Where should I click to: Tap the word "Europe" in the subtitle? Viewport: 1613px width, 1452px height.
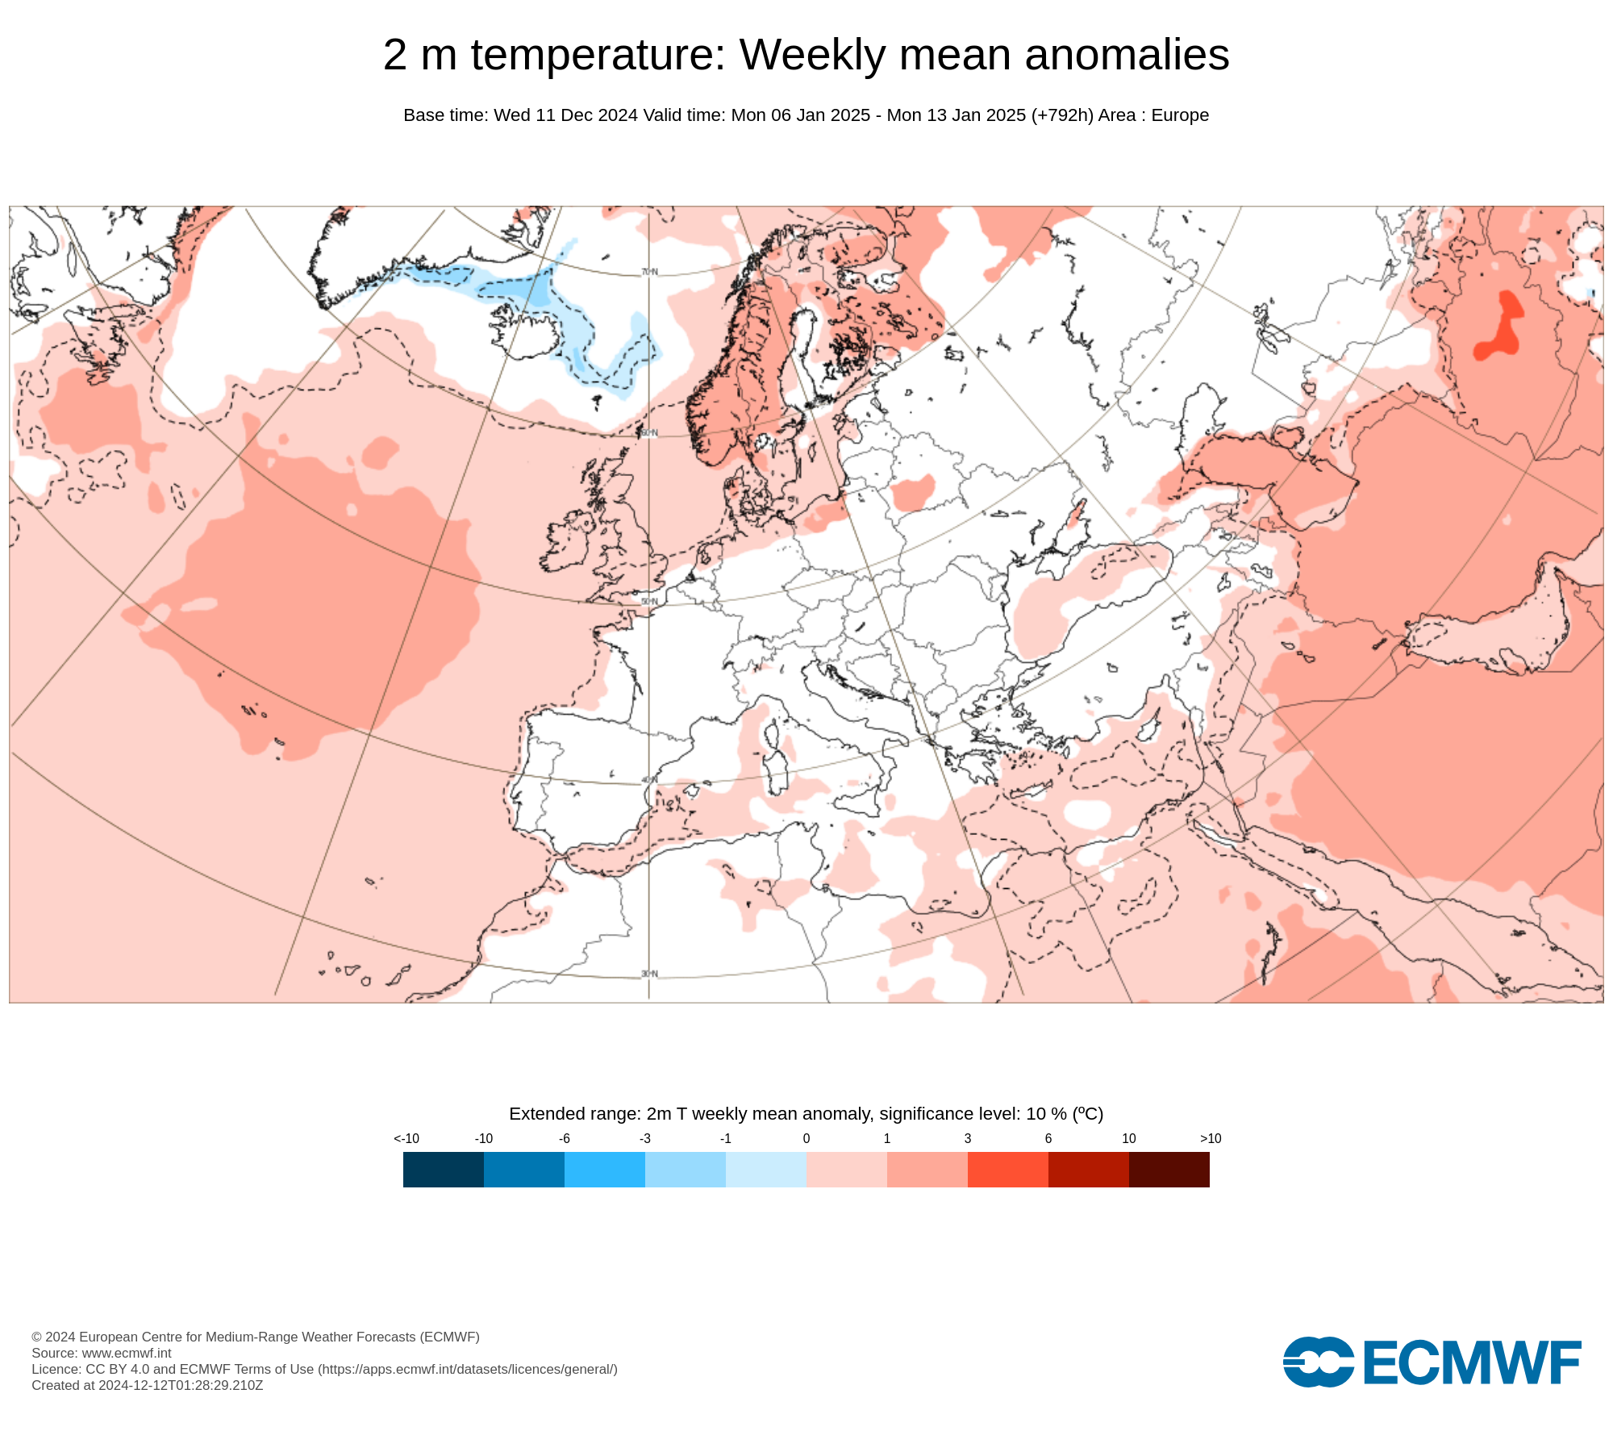pyautogui.click(x=1180, y=115)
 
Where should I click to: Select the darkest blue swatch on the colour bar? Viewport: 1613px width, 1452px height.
pyautogui.click(x=444, y=1169)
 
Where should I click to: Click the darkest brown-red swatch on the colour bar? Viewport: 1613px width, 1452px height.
pyautogui.click(x=1169, y=1169)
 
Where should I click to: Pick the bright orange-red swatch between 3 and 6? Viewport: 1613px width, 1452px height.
pyautogui.click(x=1007, y=1169)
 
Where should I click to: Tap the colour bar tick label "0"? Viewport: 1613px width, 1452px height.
pyautogui.click(x=806, y=1138)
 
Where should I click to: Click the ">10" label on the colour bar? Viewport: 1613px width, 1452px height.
pyautogui.click(x=1211, y=1138)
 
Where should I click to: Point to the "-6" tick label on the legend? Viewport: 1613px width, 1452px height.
pyautogui.click(x=565, y=1138)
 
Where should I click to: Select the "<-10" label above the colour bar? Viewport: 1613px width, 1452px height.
pyautogui.click(x=406, y=1138)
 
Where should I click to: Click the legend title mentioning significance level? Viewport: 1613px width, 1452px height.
pyautogui.click(x=806, y=1114)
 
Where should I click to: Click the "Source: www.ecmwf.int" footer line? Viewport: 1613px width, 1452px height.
pyautogui.click(x=102, y=1353)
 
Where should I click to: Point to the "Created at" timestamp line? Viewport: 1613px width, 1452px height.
pyautogui.click(x=148, y=1385)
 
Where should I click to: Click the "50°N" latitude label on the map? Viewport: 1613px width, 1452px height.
pyautogui.click(x=649, y=602)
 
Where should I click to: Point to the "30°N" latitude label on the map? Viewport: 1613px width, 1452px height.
pyautogui.click(x=649, y=974)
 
